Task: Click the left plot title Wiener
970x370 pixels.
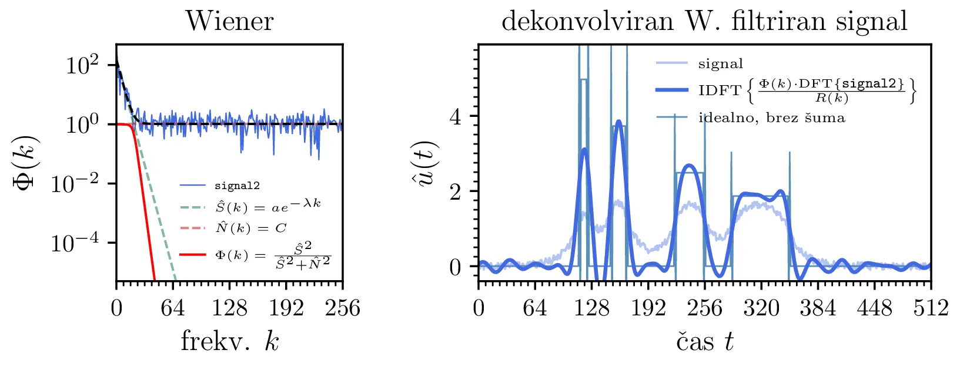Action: pyautogui.click(x=229, y=22)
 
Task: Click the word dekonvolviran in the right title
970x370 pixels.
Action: pyautogui.click(x=587, y=22)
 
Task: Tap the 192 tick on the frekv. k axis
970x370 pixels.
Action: pyautogui.click(x=286, y=308)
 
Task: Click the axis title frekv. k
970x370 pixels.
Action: pyautogui.click(x=229, y=341)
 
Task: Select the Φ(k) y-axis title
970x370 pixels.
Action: pyautogui.click(x=26, y=162)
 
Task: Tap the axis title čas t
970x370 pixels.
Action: pyautogui.click(x=704, y=341)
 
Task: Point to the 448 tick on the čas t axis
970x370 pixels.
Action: pyautogui.click(x=874, y=308)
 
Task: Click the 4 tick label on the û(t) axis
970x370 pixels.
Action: pyautogui.click(x=455, y=117)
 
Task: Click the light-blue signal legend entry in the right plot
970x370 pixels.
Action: pyautogui.click(x=720, y=63)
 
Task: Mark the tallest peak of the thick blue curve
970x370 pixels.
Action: pyautogui.click(x=618, y=122)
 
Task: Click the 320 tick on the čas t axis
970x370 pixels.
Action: pyautogui.click(x=761, y=308)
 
